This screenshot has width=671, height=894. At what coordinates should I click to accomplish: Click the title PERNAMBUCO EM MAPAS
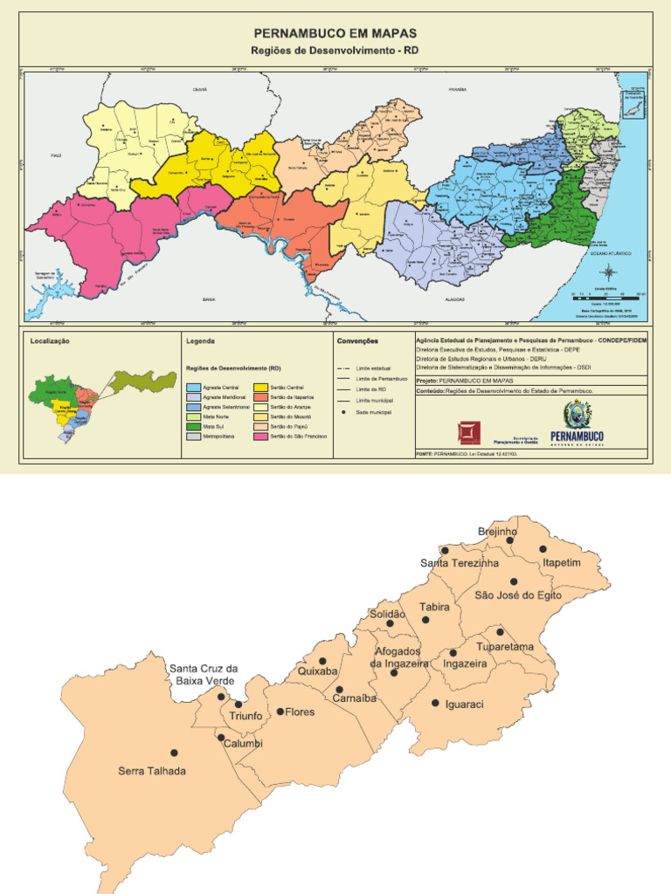click(335, 33)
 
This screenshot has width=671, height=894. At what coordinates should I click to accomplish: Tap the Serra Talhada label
click(152, 771)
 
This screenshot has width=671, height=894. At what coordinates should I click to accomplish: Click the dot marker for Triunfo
click(239, 704)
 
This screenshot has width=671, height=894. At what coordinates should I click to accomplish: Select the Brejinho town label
click(497, 532)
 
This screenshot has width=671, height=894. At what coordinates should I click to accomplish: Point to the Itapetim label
click(561, 563)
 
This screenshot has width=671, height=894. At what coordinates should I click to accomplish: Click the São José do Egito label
click(518, 595)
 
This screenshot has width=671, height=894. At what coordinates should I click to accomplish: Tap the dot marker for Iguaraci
click(435, 703)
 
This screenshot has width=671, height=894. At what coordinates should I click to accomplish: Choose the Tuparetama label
click(505, 647)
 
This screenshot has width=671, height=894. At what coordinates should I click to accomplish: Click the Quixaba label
click(318, 672)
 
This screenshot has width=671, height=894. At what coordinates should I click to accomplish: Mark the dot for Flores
click(280, 712)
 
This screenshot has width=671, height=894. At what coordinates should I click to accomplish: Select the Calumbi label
click(243, 744)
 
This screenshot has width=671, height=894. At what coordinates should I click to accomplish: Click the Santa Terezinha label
click(460, 563)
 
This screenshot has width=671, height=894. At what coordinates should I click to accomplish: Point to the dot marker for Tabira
click(426, 619)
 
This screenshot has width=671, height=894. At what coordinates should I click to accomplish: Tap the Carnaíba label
click(355, 699)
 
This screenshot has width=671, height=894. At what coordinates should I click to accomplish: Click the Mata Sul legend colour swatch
click(192, 426)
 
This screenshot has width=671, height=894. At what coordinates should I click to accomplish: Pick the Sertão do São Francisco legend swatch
click(260, 436)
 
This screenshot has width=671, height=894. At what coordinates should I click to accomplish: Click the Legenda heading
click(200, 341)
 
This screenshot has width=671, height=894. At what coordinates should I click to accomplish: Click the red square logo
click(471, 431)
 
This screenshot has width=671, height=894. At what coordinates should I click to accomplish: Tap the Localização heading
click(50, 341)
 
